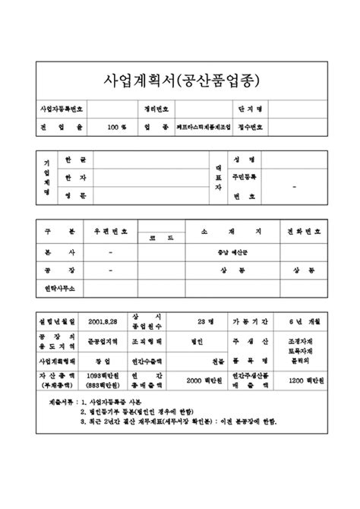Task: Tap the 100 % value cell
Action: [116, 128]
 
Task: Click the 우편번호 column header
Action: [111, 231]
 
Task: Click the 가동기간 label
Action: [249, 322]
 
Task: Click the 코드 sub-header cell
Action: [156, 239]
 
